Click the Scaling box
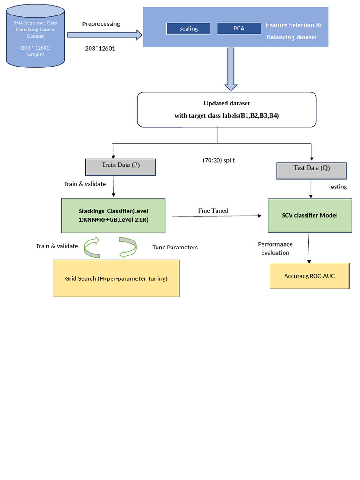click(x=188, y=29)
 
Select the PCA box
click(x=239, y=28)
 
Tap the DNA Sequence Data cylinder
click(x=35, y=36)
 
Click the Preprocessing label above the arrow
click(x=101, y=24)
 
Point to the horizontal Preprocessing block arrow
click(x=105, y=35)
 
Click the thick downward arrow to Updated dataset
click(x=231, y=69)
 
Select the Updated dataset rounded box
click(x=226, y=110)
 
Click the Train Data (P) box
click(x=120, y=167)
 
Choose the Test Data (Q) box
click(x=312, y=171)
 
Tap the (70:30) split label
click(x=219, y=160)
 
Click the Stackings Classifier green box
click(x=113, y=216)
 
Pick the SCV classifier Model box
click(x=310, y=215)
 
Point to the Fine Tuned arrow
click(x=217, y=216)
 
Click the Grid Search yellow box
click(x=116, y=278)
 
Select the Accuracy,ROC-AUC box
click(x=309, y=276)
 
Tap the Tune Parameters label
click(x=175, y=247)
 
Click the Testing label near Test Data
click(x=337, y=187)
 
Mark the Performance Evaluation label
click(x=275, y=248)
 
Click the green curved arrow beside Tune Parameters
click(x=128, y=247)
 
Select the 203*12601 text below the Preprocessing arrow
click(x=100, y=48)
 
